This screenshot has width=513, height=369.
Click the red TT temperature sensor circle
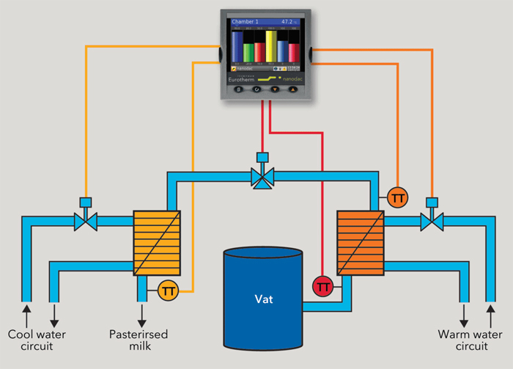(x=322, y=285)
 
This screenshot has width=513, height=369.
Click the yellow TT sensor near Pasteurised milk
(x=168, y=291)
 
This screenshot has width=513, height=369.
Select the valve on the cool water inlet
(x=85, y=218)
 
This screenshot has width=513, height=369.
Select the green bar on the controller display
(x=248, y=52)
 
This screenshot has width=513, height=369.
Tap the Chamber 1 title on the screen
(x=247, y=23)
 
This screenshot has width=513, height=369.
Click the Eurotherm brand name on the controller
(x=247, y=76)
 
